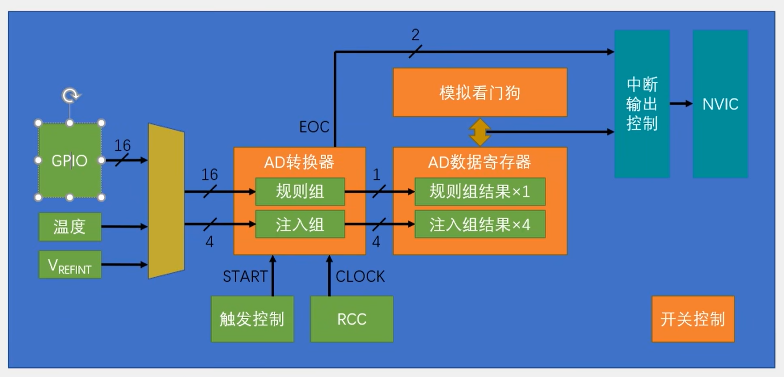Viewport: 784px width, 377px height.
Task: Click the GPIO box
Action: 70,160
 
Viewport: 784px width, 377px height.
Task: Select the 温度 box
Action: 70,227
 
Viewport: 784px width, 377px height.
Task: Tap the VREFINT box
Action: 70,265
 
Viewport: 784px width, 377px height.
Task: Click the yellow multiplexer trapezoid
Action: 166,201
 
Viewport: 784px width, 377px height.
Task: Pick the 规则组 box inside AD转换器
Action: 300,191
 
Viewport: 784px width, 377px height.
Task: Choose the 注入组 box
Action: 300,224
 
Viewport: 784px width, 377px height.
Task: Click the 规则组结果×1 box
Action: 480,191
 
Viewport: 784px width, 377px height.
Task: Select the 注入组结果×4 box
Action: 480,224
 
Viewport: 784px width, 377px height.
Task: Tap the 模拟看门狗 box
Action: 480,92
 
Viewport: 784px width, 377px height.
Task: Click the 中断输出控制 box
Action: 642,104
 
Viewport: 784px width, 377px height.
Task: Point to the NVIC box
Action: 720,104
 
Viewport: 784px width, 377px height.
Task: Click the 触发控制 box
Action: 252,319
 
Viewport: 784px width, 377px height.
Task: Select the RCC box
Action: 352,319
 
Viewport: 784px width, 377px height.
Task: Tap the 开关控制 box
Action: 693,319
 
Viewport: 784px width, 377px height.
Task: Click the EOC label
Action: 314,127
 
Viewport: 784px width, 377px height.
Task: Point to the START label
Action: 245,277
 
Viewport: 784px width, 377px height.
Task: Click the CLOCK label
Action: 360,277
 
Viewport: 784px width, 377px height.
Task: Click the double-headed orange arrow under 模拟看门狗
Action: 479,132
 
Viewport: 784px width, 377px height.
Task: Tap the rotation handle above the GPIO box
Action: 70,95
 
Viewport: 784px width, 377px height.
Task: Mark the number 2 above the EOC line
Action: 415,35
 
